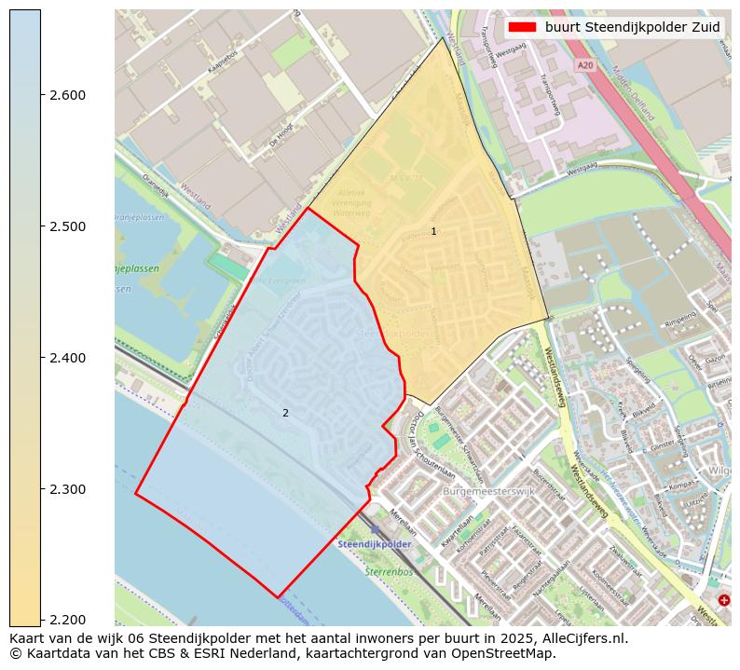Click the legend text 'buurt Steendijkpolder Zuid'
[x=632, y=27]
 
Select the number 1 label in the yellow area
[x=433, y=231]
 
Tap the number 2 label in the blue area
[x=285, y=413]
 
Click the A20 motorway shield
[x=584, y=65]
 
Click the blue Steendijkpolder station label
[x=375, y=543]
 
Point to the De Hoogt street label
[x=281, y=142]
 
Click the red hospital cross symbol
[x=724, y=600]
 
